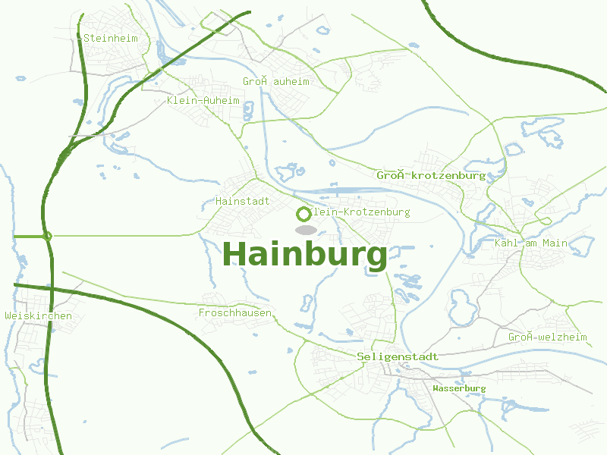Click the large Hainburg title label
pos(305,254)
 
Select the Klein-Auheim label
pos(203,100)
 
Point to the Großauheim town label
pos(276,81)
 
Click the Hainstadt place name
pos(243,201)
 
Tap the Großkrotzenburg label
pos(431,175)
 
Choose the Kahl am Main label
pos(530,243)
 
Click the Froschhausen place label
pos(234,312)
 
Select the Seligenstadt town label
pos(398,356)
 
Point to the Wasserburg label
pos(458,388)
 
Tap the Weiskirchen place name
pos(38,315)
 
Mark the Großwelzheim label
pos(547,337)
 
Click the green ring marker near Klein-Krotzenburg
pos(304,214)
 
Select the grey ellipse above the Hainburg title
pos(305,229)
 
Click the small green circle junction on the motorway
pos(48,236)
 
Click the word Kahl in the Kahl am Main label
pos(506,243)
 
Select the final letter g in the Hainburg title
pos(376,257)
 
